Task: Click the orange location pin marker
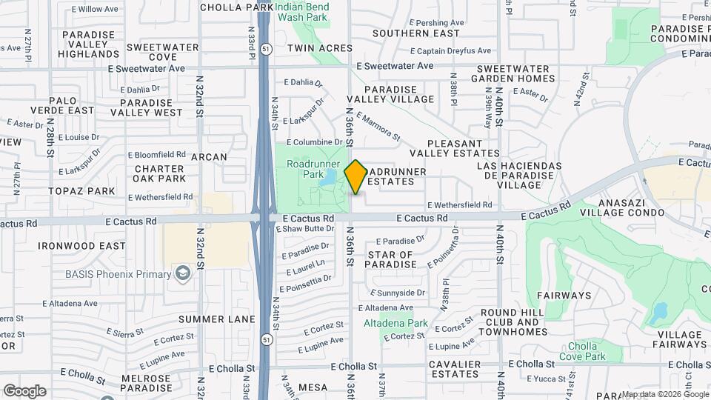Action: pos(355,176)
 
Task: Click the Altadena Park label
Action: pos(396,323)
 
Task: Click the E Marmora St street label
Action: pos(378,126)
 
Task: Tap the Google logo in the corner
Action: pos(24,391)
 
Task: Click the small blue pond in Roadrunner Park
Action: pos(327,178)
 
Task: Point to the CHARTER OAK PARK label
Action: pos(160,173)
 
